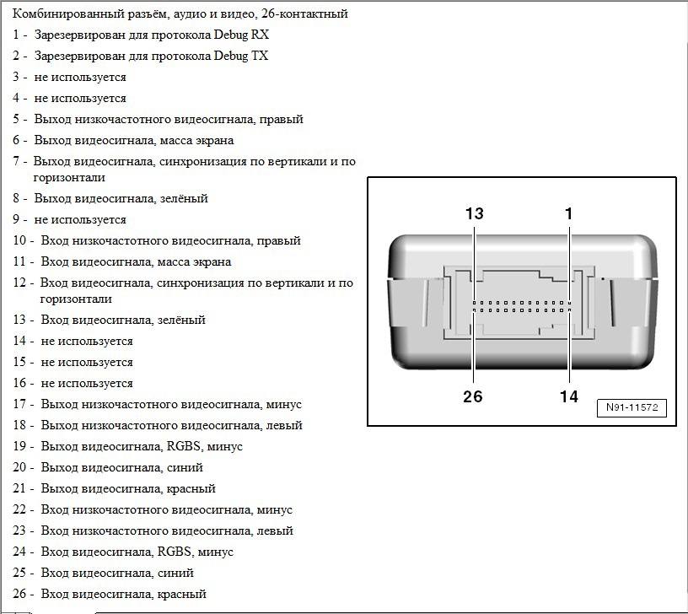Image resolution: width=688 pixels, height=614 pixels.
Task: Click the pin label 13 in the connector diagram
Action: [474, 213]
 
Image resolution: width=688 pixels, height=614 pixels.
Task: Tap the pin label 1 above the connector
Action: [568, 213]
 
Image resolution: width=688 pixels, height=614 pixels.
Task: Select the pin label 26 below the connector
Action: [472, 396]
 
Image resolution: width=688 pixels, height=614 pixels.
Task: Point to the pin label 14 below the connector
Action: [568, 396]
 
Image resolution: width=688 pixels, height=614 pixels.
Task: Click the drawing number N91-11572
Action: [632, 407]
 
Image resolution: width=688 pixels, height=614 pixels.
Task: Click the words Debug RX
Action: [241, 35]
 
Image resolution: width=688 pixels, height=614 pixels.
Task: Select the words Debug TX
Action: [240, 57]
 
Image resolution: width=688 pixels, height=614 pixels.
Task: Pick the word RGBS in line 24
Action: [175, 552]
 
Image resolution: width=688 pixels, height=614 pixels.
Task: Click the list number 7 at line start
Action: [16, 161]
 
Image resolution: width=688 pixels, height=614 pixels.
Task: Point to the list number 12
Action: [19, 283]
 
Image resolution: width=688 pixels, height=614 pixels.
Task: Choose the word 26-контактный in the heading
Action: [304, 14]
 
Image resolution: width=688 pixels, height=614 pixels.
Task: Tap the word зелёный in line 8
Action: [184, 198]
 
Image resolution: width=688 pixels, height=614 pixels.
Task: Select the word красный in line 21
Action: [191, 489]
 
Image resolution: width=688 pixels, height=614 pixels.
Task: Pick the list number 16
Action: [19, 383]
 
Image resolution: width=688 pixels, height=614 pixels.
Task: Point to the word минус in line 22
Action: [274, 510]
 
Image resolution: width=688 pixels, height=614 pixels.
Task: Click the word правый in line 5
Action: [282, 120]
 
